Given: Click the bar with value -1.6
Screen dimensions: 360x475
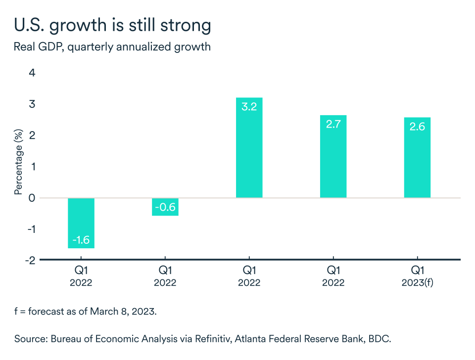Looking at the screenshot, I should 81,223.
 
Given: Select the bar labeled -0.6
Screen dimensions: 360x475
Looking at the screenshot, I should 165,207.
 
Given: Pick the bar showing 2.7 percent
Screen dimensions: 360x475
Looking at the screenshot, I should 333,156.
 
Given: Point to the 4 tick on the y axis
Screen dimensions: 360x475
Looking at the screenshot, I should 32,73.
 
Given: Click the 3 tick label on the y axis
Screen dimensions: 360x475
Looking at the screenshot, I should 32,104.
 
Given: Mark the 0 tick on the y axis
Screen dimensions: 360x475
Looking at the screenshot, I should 32,198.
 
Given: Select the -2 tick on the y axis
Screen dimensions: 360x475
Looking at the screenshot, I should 30,260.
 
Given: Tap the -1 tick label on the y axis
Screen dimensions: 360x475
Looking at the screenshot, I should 30,229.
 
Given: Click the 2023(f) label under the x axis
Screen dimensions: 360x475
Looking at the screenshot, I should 417,283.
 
